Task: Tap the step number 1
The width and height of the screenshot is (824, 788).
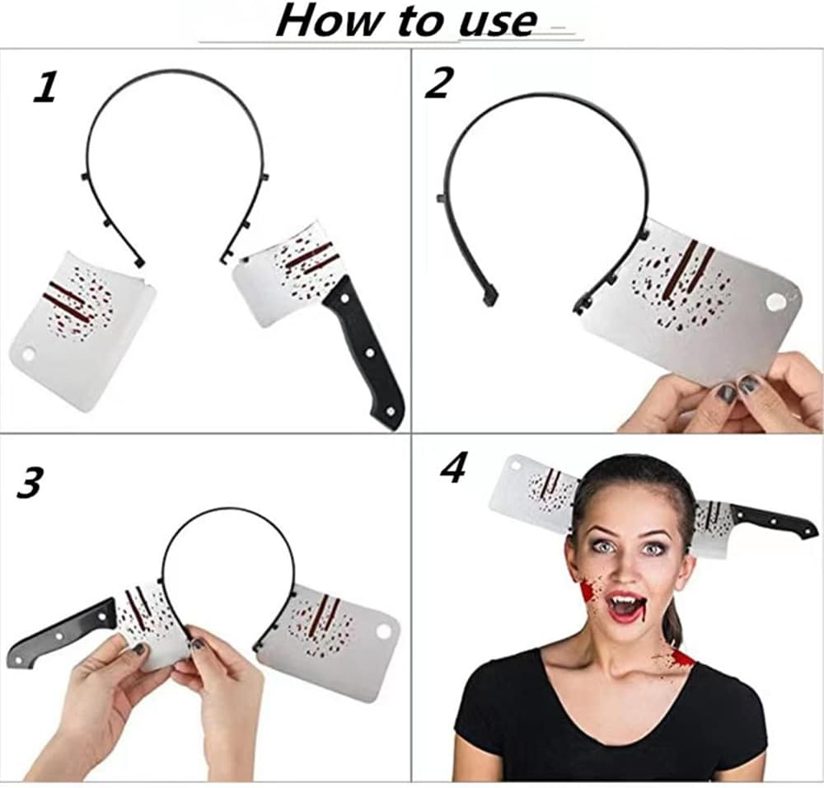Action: pos(46,87)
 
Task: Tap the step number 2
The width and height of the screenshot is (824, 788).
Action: pos(438,83)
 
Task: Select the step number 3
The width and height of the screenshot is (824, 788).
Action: pos(30,483)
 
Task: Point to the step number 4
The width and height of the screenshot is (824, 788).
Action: pos(453,467)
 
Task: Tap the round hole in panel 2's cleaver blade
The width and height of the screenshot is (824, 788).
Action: pos(775,303)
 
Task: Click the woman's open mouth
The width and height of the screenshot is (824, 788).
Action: pos(626,607)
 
